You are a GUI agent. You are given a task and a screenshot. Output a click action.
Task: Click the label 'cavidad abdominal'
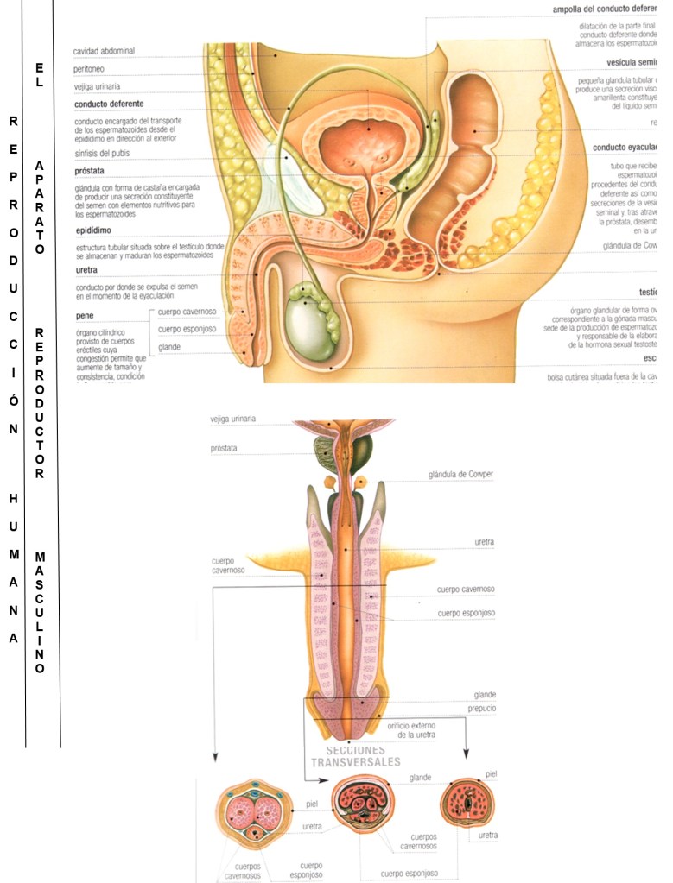104,51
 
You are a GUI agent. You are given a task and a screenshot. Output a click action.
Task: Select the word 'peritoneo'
90,68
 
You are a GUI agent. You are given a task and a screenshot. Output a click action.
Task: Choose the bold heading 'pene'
84,315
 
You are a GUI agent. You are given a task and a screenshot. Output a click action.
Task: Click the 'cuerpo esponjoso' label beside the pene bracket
187,329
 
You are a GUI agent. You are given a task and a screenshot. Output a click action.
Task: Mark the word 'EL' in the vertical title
40,75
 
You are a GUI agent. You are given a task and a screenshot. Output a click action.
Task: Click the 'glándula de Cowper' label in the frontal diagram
460,475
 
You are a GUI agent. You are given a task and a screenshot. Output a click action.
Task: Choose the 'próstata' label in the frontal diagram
223,449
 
